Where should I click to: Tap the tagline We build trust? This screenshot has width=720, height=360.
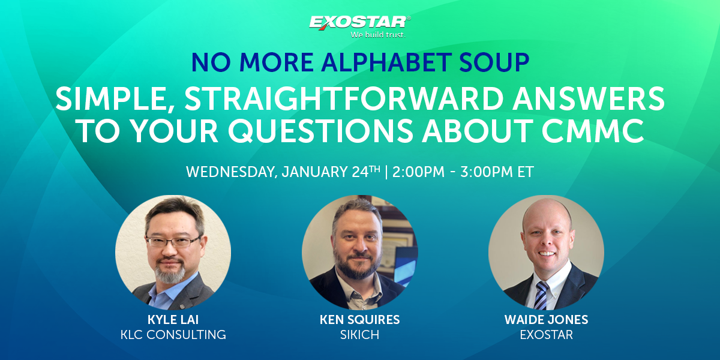click(377, 35)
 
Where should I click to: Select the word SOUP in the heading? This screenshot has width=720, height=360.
click(494, 62)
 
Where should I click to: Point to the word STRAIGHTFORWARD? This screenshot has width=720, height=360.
click(344, 98)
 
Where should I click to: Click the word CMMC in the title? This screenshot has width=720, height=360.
click(593, 131)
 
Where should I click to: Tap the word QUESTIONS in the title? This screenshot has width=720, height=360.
click(320, 131)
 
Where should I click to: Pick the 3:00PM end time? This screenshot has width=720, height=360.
click(487, 172)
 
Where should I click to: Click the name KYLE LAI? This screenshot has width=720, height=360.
click(173, 320)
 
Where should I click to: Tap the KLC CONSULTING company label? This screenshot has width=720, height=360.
click(173, 335)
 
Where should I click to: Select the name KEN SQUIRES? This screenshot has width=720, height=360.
click(359, 320)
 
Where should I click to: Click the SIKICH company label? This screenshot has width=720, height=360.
click(359, 335)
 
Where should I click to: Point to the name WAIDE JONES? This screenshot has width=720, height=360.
click(547, 320)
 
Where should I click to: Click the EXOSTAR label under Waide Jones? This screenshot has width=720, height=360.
click(547, 335)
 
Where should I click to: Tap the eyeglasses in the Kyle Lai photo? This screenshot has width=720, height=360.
click(173, 241)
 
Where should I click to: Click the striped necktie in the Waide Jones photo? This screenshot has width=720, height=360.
click(541, 295)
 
